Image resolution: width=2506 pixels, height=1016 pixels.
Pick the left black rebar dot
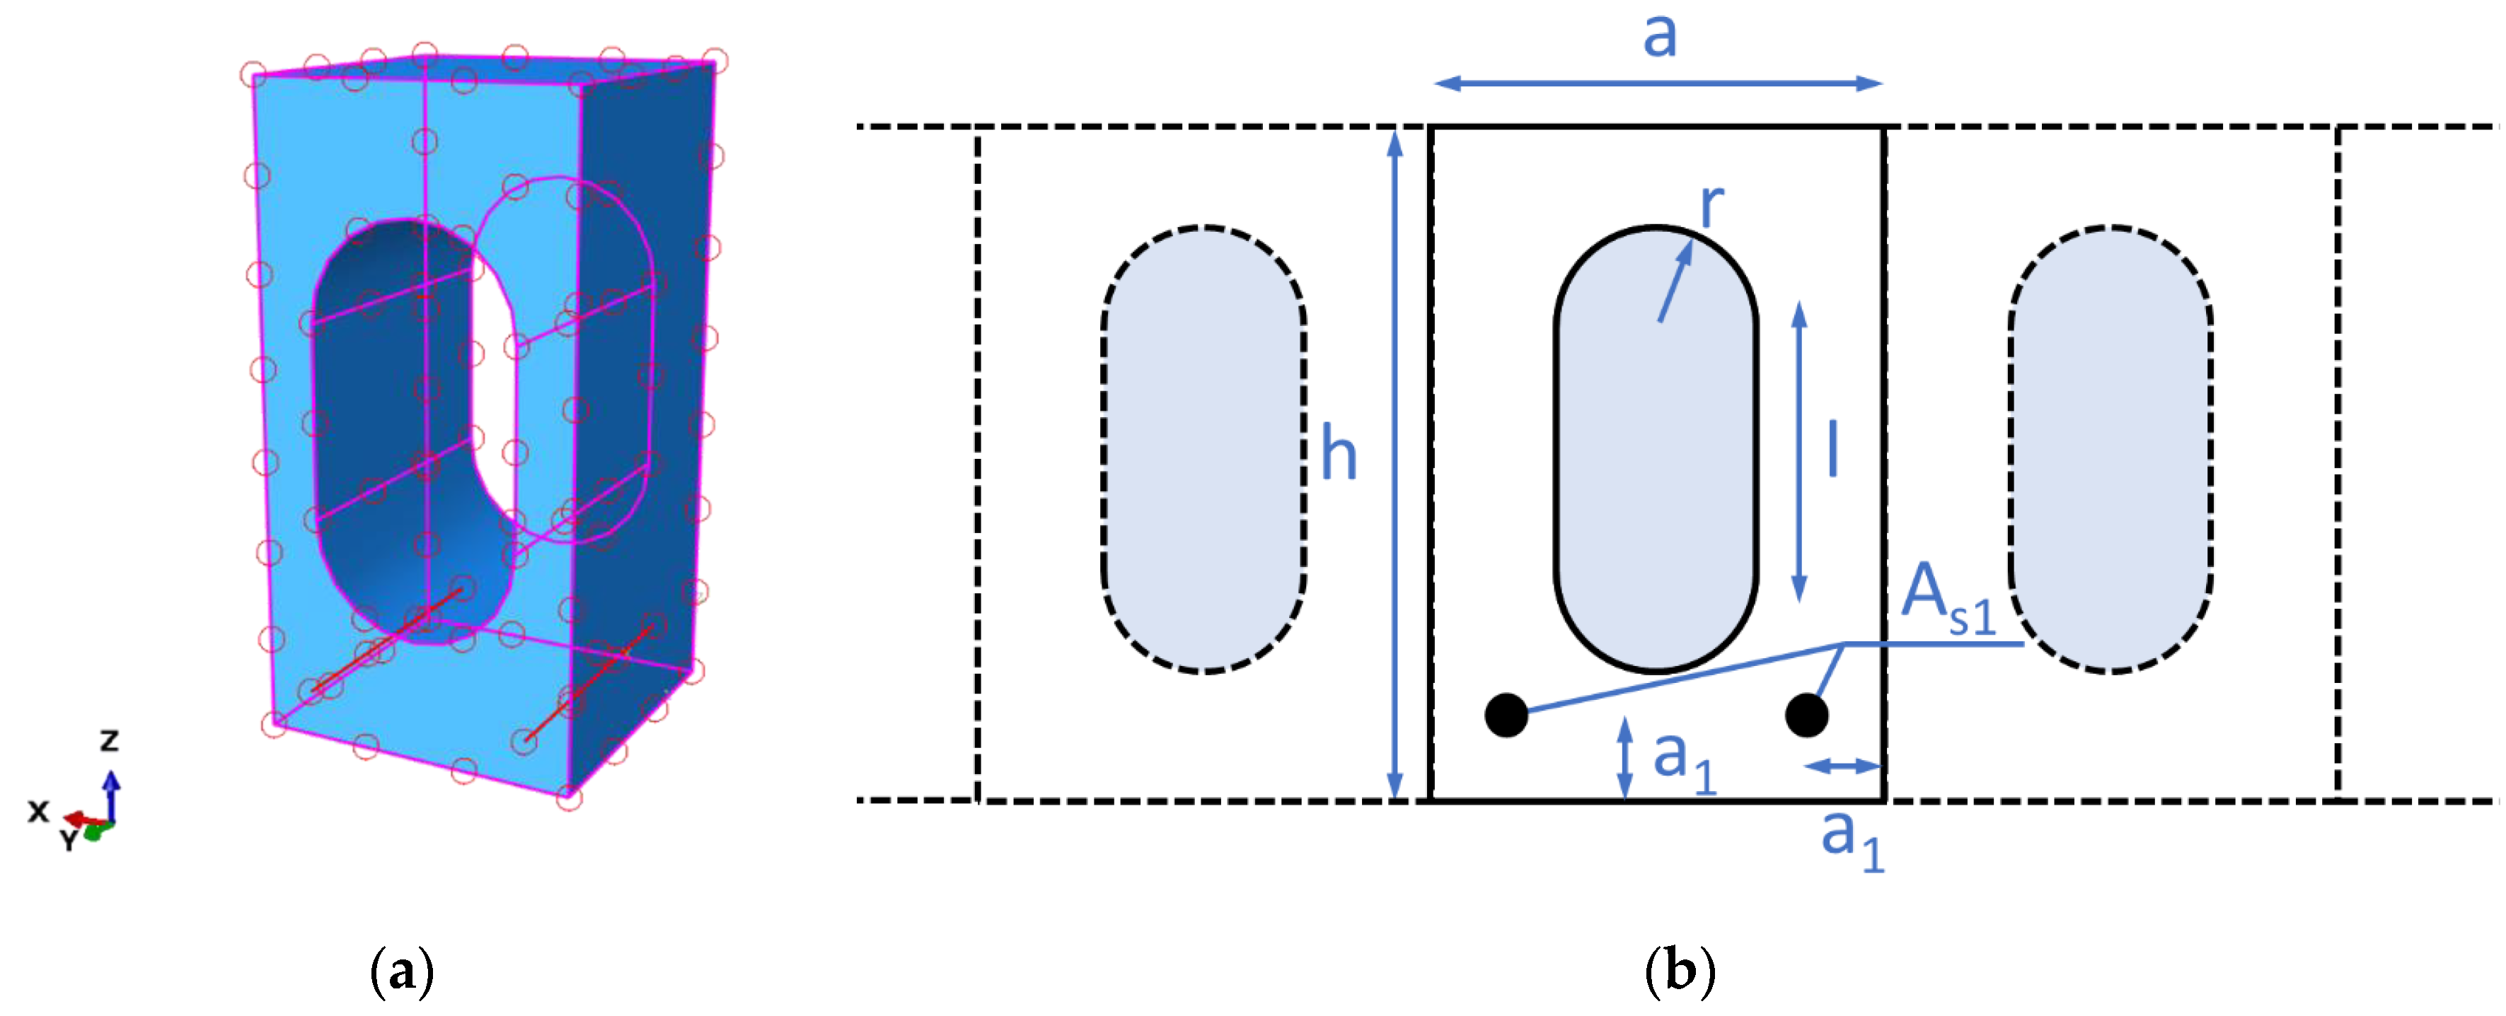tap(1506, 716)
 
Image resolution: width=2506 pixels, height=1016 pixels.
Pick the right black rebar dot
tap(1806, 716)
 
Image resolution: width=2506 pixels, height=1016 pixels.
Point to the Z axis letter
tap(110, 741)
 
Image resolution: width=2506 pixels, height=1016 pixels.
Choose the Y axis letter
tap(68, 840)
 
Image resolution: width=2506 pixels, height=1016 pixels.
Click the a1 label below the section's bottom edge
tap(1852, 838)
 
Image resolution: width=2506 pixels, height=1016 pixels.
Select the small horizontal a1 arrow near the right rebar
tap(1842, 767)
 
